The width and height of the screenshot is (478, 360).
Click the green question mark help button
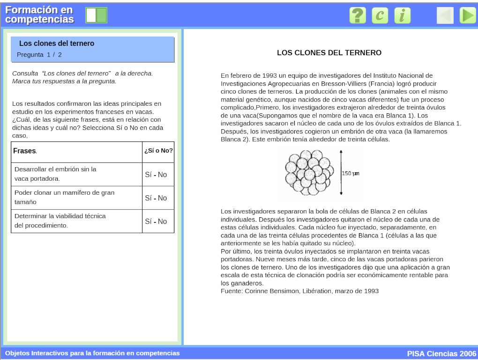tap(358, 15)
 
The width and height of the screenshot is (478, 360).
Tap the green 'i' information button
tap(402, 15)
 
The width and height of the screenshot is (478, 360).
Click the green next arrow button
tap(467, 15)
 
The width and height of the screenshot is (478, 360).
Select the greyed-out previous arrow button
tap(445, 15)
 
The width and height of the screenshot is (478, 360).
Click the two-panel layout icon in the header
tap(96, 15)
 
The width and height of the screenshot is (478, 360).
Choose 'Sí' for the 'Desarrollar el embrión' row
tap(148, 175)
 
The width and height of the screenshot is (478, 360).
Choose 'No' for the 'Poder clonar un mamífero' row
tap(163, 198)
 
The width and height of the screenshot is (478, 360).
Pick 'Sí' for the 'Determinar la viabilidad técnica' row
tap(148, 221)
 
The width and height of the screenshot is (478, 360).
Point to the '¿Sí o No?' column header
tap(158, 151)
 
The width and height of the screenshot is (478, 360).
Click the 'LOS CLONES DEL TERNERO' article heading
tap(329, 53)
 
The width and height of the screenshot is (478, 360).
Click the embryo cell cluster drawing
tap(309, 173)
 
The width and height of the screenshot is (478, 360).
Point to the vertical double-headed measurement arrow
tap(341, 172)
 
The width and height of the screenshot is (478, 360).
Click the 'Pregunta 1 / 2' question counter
tap(39, 55)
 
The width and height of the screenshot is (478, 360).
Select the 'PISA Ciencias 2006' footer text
tap(441, 353)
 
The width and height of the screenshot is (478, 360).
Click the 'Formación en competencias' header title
tap(40, 15)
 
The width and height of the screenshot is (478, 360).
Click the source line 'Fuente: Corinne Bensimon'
tap(299, 291)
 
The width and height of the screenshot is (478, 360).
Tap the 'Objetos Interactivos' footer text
tap(92, 353)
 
